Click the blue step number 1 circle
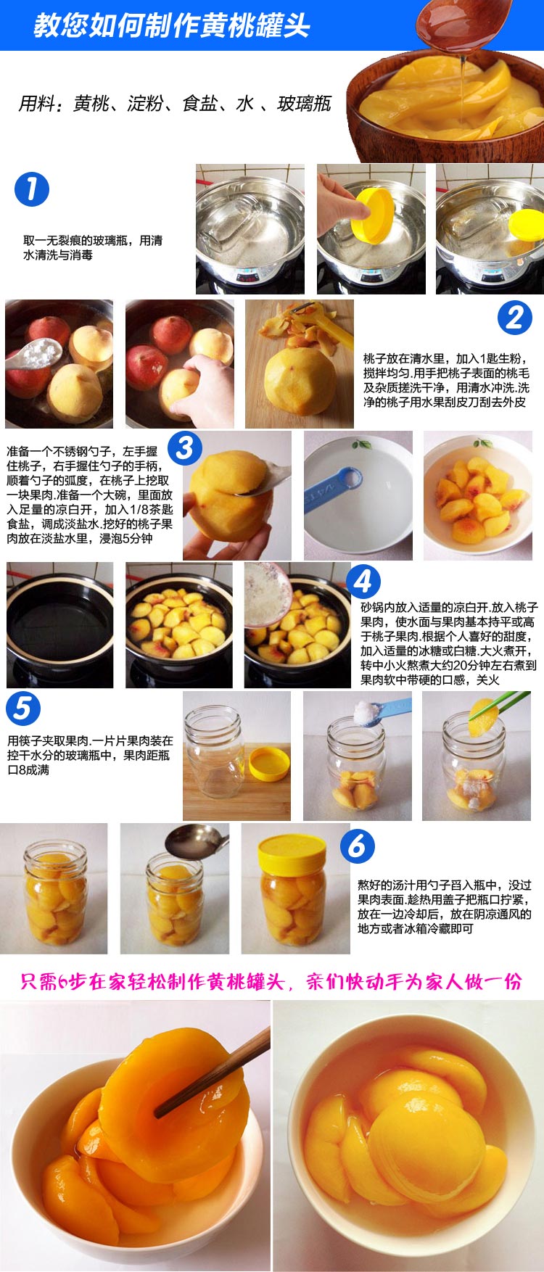(x=31, y=189)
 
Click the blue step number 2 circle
(x=514, y=317)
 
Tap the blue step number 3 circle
(x=184, y=447)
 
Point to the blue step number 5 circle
(x=22, y=708)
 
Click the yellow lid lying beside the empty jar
(x=269, y=764)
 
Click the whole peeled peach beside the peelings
(x=300, y=381)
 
